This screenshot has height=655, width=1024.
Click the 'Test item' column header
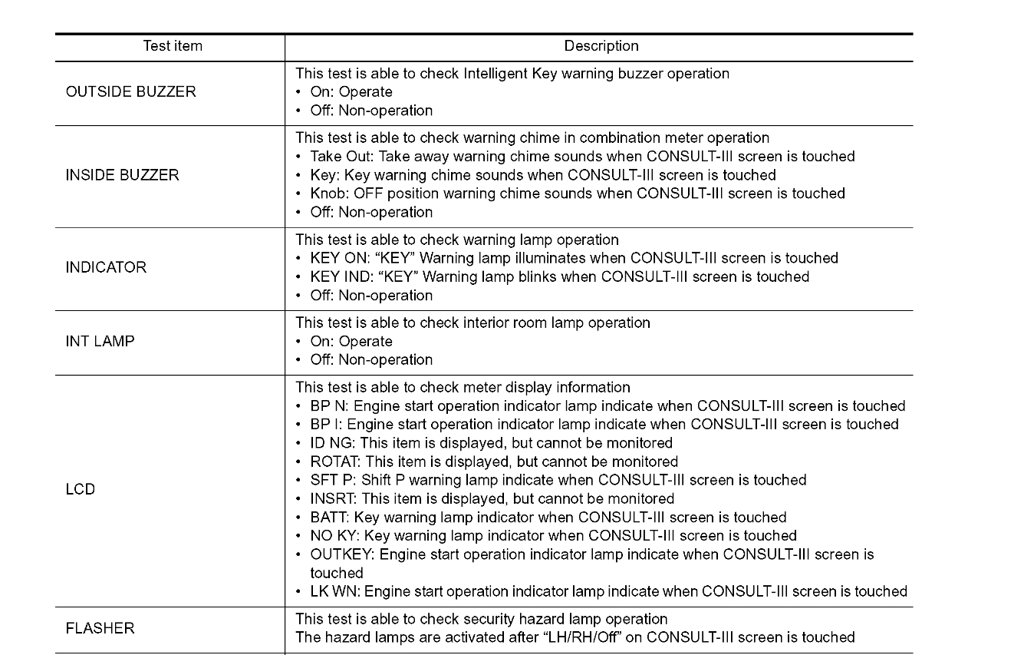tap(173, 46)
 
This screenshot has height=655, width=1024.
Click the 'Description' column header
tap(601, 46)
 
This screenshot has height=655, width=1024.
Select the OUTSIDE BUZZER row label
tap(130, 92)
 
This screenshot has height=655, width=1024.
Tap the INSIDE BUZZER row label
tap(122, 175)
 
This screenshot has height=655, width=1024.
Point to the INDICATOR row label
tap(106, 267)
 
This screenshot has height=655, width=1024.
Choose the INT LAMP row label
tap(100, 342)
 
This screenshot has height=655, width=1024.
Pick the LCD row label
tap(81, 489)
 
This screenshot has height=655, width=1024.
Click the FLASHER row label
tap(100, 628)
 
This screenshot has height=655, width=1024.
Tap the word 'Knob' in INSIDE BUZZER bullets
tap(328, 194)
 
